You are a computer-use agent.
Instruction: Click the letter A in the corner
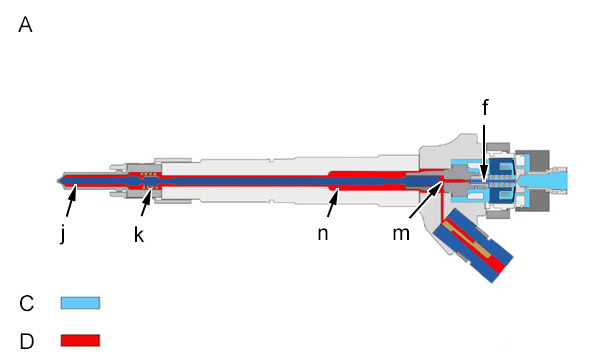click(25, 25)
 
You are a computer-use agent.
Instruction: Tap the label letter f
click(485, 107)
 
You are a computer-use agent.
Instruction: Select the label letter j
click(64, 234)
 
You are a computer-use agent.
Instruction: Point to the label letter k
click(139, 235)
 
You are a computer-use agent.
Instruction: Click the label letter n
click(322, 234)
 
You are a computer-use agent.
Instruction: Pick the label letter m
click(401, 234)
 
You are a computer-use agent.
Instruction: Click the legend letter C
click(27, 304)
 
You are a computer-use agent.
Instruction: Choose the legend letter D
click(27, 341)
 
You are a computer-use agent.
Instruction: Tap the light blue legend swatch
click(80, 303)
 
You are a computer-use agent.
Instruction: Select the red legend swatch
click(80, 340)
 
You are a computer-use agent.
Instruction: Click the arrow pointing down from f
click(484, 153)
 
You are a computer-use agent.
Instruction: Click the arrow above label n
click(333, 201)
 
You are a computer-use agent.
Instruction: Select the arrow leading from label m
click(426, 199)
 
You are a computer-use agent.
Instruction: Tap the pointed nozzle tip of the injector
click(58, 181)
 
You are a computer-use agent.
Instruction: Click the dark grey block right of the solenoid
click(533, 181)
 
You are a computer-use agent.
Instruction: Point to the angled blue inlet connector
click(473, 245)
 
